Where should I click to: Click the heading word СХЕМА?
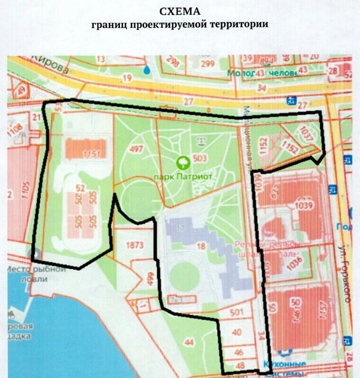(180, 11)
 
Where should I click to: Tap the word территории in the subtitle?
(240, 24)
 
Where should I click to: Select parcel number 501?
(236, 312)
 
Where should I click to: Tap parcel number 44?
(190, 342)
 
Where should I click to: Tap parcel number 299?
(207, 64)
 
